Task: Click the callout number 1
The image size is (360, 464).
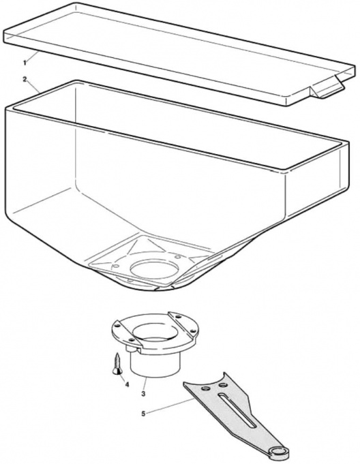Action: tap(25, 63)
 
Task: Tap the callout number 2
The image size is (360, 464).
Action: tap(25, 79)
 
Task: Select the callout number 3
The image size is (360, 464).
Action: tap(143, 394)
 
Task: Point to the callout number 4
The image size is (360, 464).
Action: tap(127, 384)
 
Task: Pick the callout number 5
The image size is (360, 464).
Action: tap(143, 414)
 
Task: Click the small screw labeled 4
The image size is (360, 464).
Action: tap(117, 364)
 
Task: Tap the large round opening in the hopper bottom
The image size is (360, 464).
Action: tap(154, 268)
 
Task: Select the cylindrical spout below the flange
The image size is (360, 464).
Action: tap(155, 363)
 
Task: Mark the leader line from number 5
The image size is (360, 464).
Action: tap(171, 405)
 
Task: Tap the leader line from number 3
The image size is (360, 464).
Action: tap(145, 384)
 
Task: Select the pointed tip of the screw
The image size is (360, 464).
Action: tap(117, 354)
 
